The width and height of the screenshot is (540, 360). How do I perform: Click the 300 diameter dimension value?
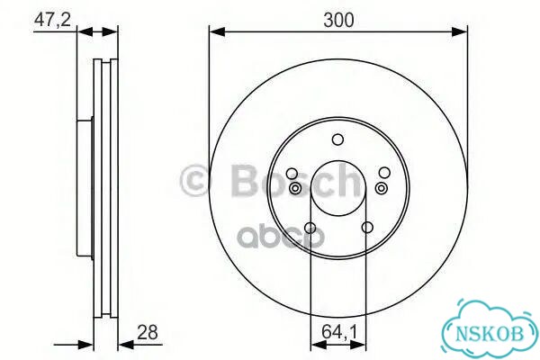(338, 20)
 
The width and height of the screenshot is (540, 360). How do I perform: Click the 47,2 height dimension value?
(52, 20)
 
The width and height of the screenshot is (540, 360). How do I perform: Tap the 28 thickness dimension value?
(148, 332)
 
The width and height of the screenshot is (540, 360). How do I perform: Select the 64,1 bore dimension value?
(339, 332)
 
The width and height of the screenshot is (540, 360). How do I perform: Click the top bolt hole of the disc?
(337, 139)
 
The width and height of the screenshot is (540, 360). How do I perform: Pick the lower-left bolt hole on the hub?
(310, 228)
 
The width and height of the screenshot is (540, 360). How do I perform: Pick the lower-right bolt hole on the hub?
(367, 228)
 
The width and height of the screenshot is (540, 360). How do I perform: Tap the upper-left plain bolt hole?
(292, 174)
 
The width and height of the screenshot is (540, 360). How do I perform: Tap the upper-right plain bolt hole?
(384, 173)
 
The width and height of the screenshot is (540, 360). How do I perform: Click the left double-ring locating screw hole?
(295, 188)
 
